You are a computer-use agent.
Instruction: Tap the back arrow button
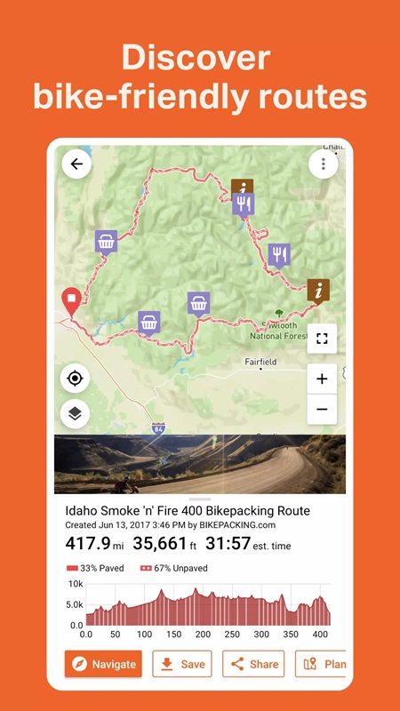[76, 164]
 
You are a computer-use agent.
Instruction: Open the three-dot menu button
[323, 164]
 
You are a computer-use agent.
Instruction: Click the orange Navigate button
[103, 664]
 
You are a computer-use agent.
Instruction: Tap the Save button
[182, 664]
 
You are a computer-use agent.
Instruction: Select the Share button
[253, 664]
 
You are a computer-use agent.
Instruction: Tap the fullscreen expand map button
[322, 339]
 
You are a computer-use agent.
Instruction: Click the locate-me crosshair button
[76, 379]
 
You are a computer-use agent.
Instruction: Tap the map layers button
[76, 413]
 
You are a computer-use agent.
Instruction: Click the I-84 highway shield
[157, 428]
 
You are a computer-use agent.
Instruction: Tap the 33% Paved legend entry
[97, 568]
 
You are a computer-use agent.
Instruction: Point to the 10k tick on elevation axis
[76, 584]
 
